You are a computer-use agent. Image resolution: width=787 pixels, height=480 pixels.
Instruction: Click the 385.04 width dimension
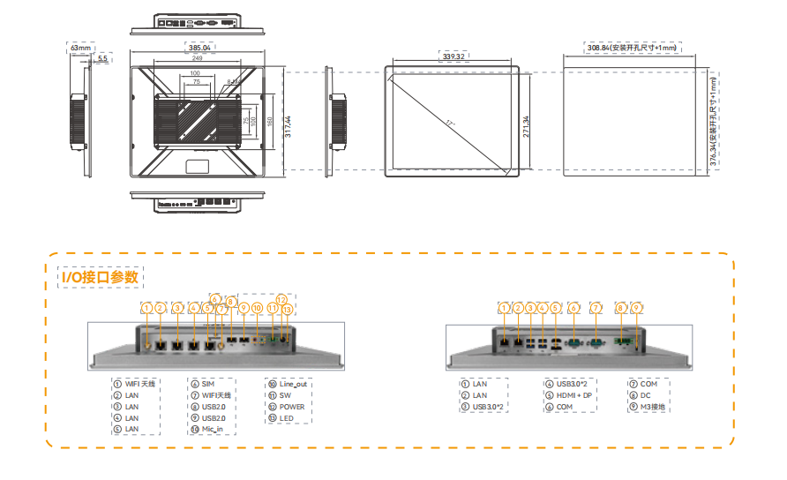point(200,47)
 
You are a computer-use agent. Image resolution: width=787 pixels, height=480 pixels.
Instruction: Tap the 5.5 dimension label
point(102,58)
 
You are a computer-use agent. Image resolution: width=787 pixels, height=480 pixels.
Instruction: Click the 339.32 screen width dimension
point(455,56)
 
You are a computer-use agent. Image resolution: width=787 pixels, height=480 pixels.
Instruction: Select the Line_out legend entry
point(292,384)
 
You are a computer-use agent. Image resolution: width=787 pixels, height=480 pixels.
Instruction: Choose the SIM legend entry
point(207,384)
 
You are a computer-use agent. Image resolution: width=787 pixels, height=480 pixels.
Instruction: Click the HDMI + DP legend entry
point(574,395)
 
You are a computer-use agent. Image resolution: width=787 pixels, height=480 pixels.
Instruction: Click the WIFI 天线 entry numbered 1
point(139,384)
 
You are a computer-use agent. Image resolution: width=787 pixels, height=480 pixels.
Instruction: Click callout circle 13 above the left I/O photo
point(287,310)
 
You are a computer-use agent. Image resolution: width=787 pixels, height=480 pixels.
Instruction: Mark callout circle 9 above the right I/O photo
point(637,308)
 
